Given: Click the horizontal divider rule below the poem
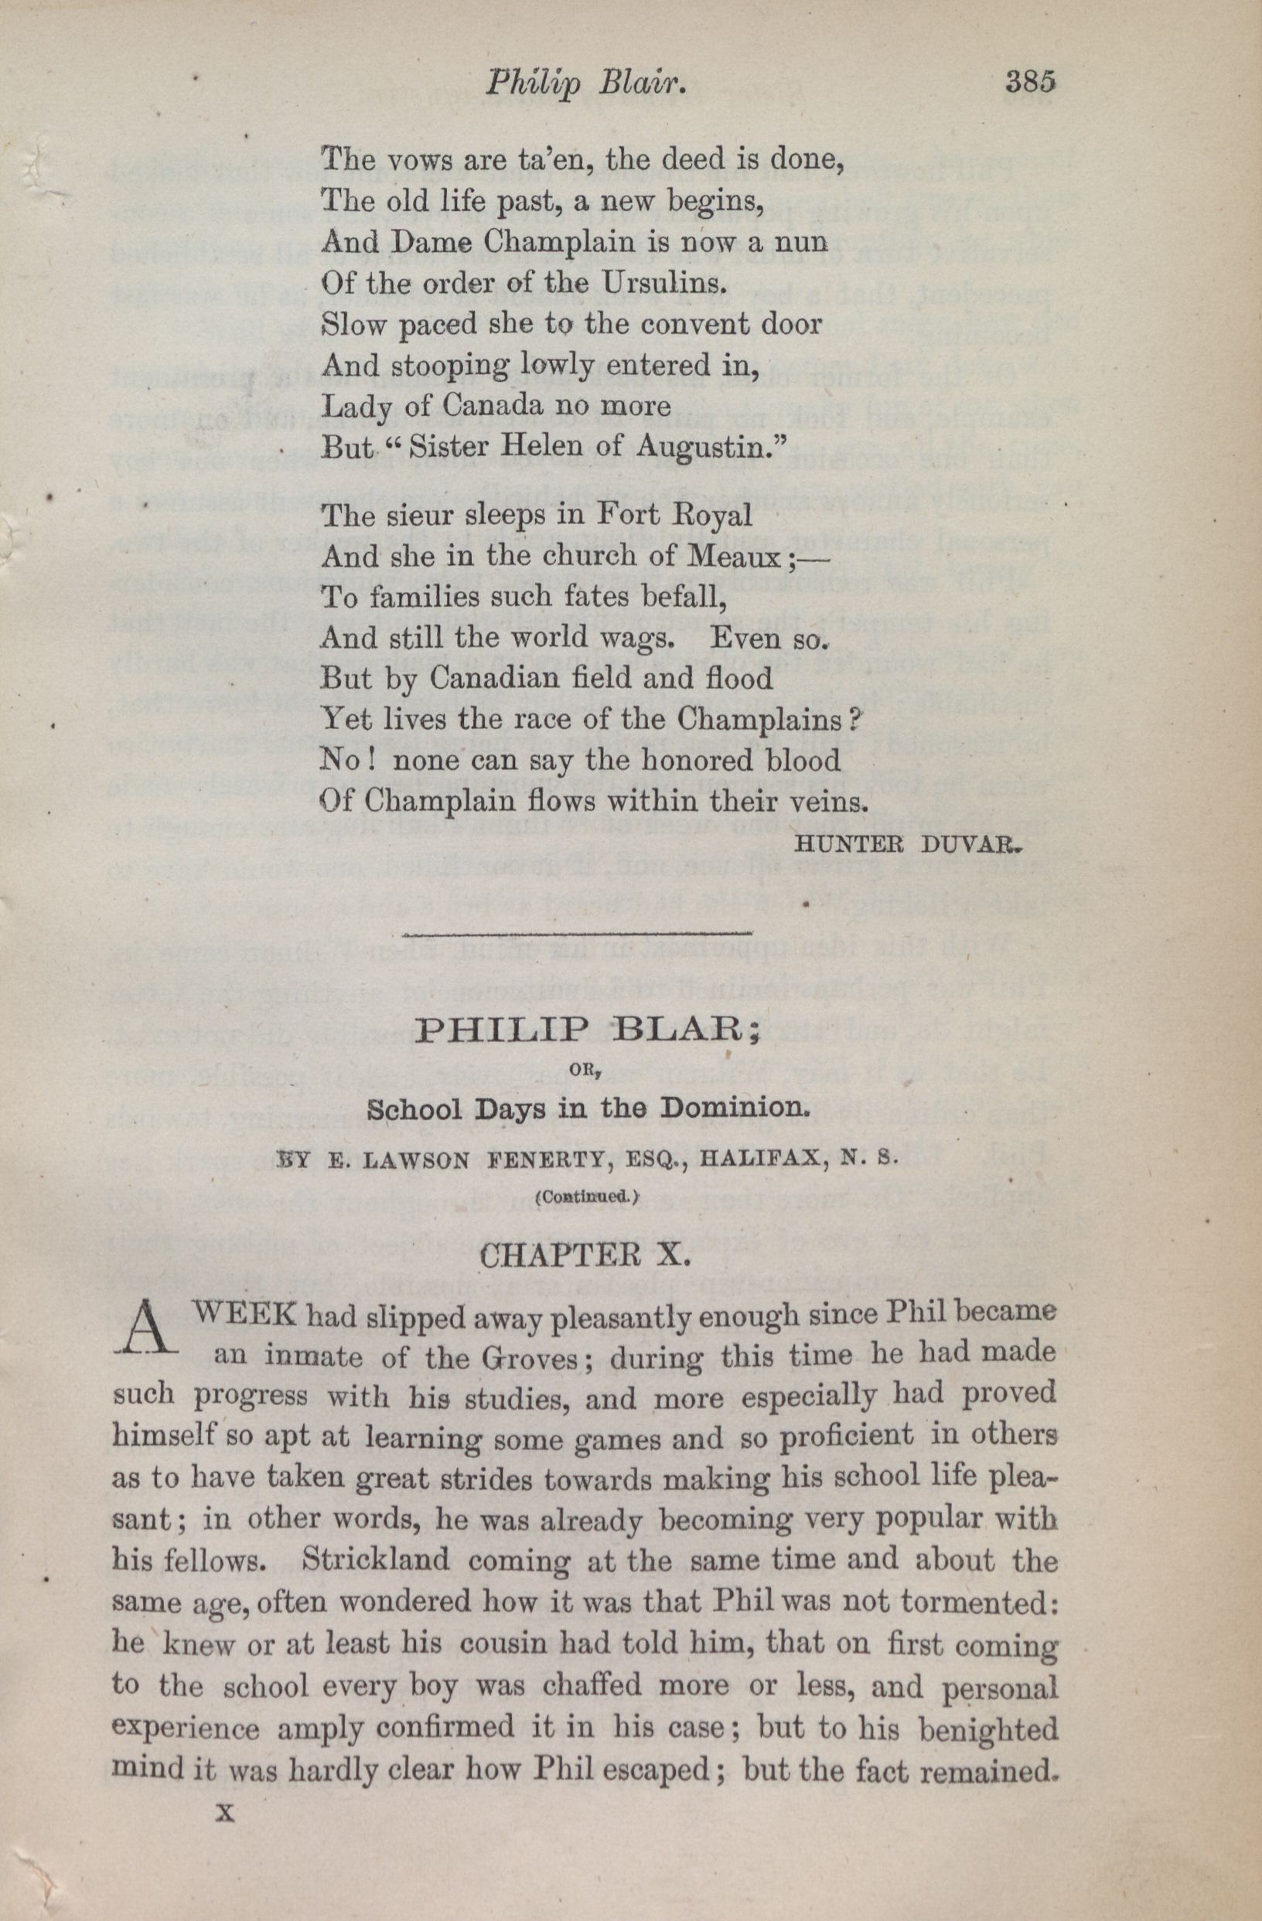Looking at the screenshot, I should [x=577, y=935].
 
